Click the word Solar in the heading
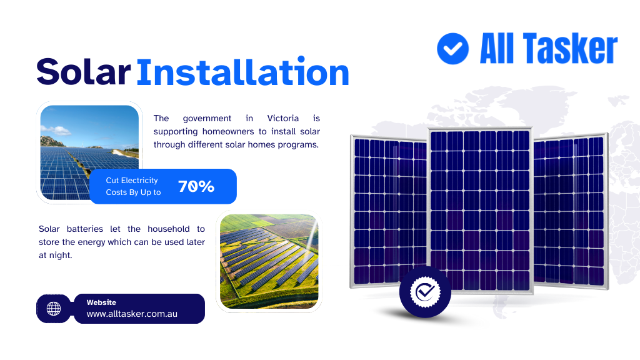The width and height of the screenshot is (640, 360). coord(84,72)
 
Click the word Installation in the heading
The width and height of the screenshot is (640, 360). coord(242,72)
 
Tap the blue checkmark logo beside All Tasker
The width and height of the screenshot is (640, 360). coord(452,49)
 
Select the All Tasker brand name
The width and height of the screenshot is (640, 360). coord(548,49)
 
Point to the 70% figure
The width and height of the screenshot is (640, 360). coord(196,186)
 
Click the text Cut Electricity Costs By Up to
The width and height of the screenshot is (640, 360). coord(133,186)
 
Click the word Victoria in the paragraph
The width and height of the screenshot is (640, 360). coord(282,118)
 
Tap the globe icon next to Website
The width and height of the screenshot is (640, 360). coord(54,309)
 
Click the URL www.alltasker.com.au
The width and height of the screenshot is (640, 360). coord(132,314)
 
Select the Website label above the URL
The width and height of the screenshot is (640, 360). coord(101,302)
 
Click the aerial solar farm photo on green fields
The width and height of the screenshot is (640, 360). coord(269,262)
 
